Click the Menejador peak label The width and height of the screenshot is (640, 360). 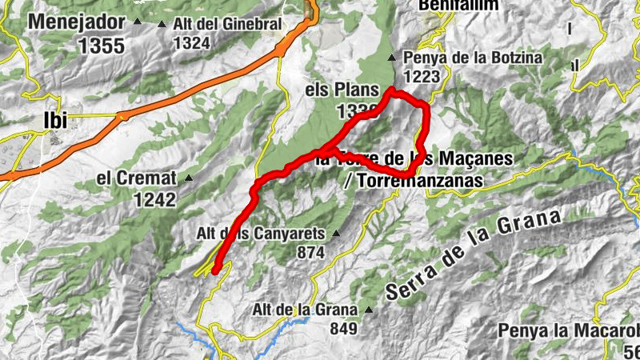(x=78, y=21)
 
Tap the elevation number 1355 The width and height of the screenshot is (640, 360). (x=102, y=46)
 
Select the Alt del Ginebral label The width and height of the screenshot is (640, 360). (x=227, y=24)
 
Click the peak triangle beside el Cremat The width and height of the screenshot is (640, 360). (x=189, y=178)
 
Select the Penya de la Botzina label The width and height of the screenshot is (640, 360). (x=474, y=58)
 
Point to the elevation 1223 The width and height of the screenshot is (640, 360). (x=422, y=76)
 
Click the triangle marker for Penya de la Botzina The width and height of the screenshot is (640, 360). (x=392, y=58)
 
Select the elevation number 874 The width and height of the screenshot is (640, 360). (x=310, y=253)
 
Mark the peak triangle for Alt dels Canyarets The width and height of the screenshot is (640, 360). (x=336, y=234)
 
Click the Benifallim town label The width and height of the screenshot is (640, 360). (x=458, y=6)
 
